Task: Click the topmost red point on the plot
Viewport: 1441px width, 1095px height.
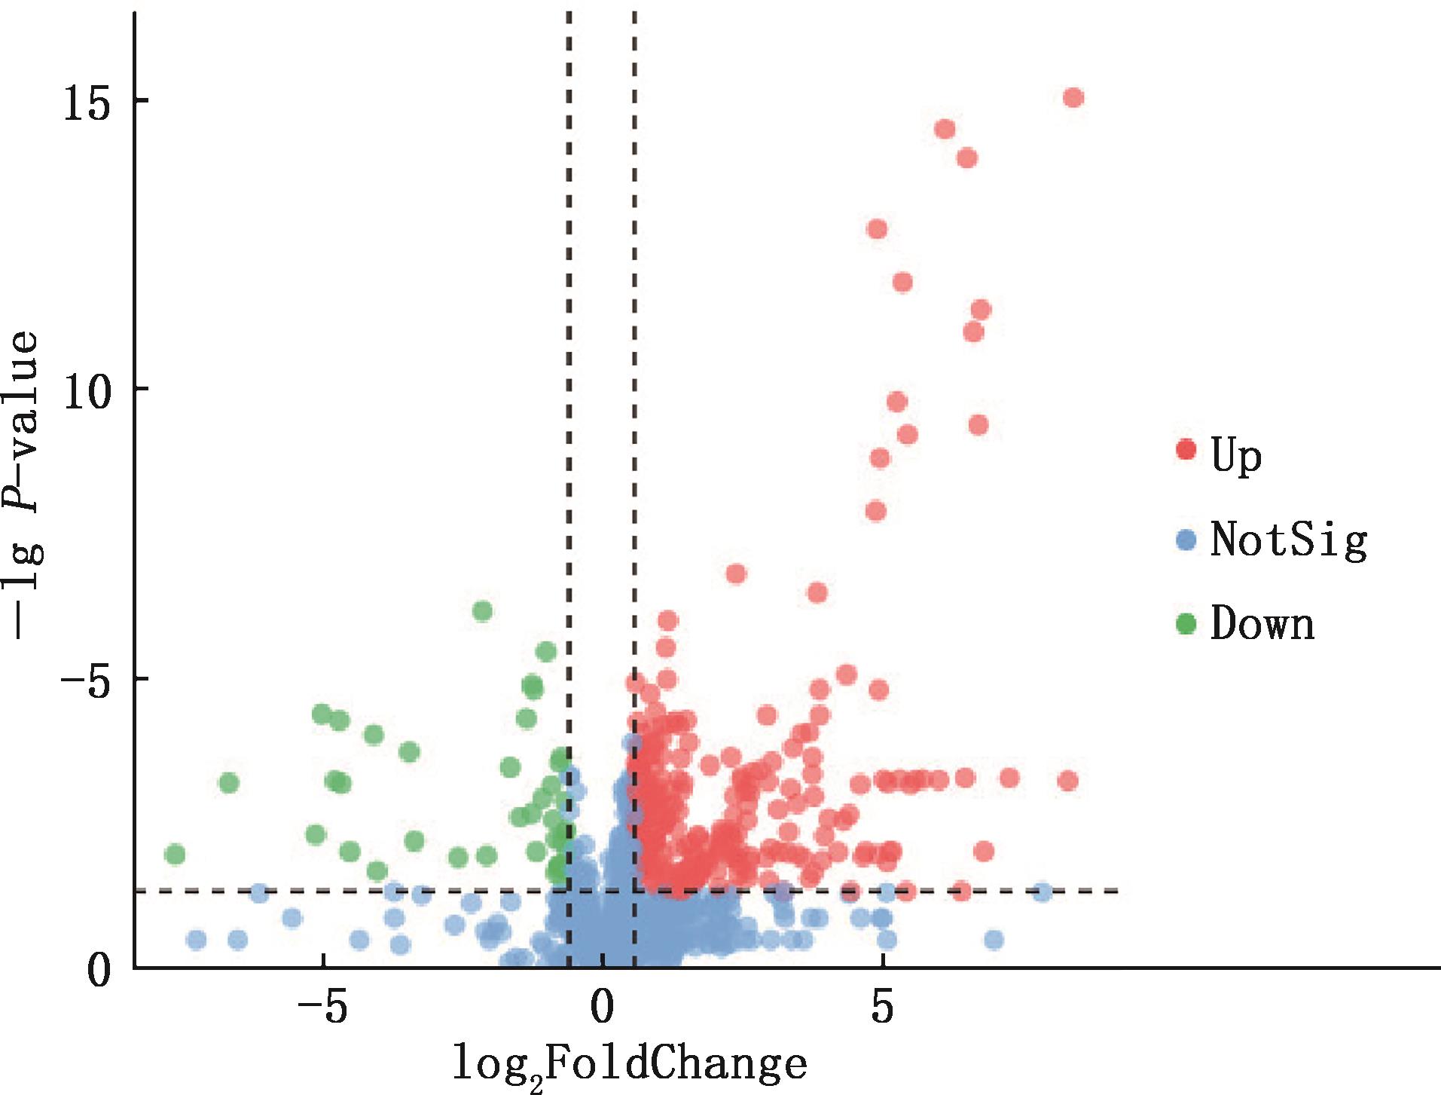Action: click(1073, 98)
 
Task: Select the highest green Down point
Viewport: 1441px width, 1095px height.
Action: click(482, 610)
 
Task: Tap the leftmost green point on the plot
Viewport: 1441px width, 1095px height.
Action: click(175, 855)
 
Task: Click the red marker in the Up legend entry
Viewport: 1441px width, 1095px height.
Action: click(1186, 450)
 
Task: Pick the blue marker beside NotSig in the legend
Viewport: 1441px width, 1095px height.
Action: click(1186, 539)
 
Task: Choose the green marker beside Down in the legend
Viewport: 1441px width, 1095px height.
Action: click(1186, 623)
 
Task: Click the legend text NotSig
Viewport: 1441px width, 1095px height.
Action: click(1288, 540)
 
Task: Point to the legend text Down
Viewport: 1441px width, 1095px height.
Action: click(1262, 625)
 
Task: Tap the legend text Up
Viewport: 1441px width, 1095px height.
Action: click(1236, 455)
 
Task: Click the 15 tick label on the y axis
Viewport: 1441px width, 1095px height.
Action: click(87, 101)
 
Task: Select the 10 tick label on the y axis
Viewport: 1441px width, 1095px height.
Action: click(87, 390)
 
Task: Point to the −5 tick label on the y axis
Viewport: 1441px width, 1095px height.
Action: click(87, 679)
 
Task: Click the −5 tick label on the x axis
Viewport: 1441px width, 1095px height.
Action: click(322, 1007)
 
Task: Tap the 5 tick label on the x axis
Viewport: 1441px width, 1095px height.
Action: click(882, 1007)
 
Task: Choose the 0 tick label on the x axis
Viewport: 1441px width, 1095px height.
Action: click(602, 1007)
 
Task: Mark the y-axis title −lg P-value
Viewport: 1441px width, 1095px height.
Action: click(26, 486)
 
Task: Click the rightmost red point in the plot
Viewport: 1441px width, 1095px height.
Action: click(1073, 98)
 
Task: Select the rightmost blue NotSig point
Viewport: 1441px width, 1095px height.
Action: click(1043, 892)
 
